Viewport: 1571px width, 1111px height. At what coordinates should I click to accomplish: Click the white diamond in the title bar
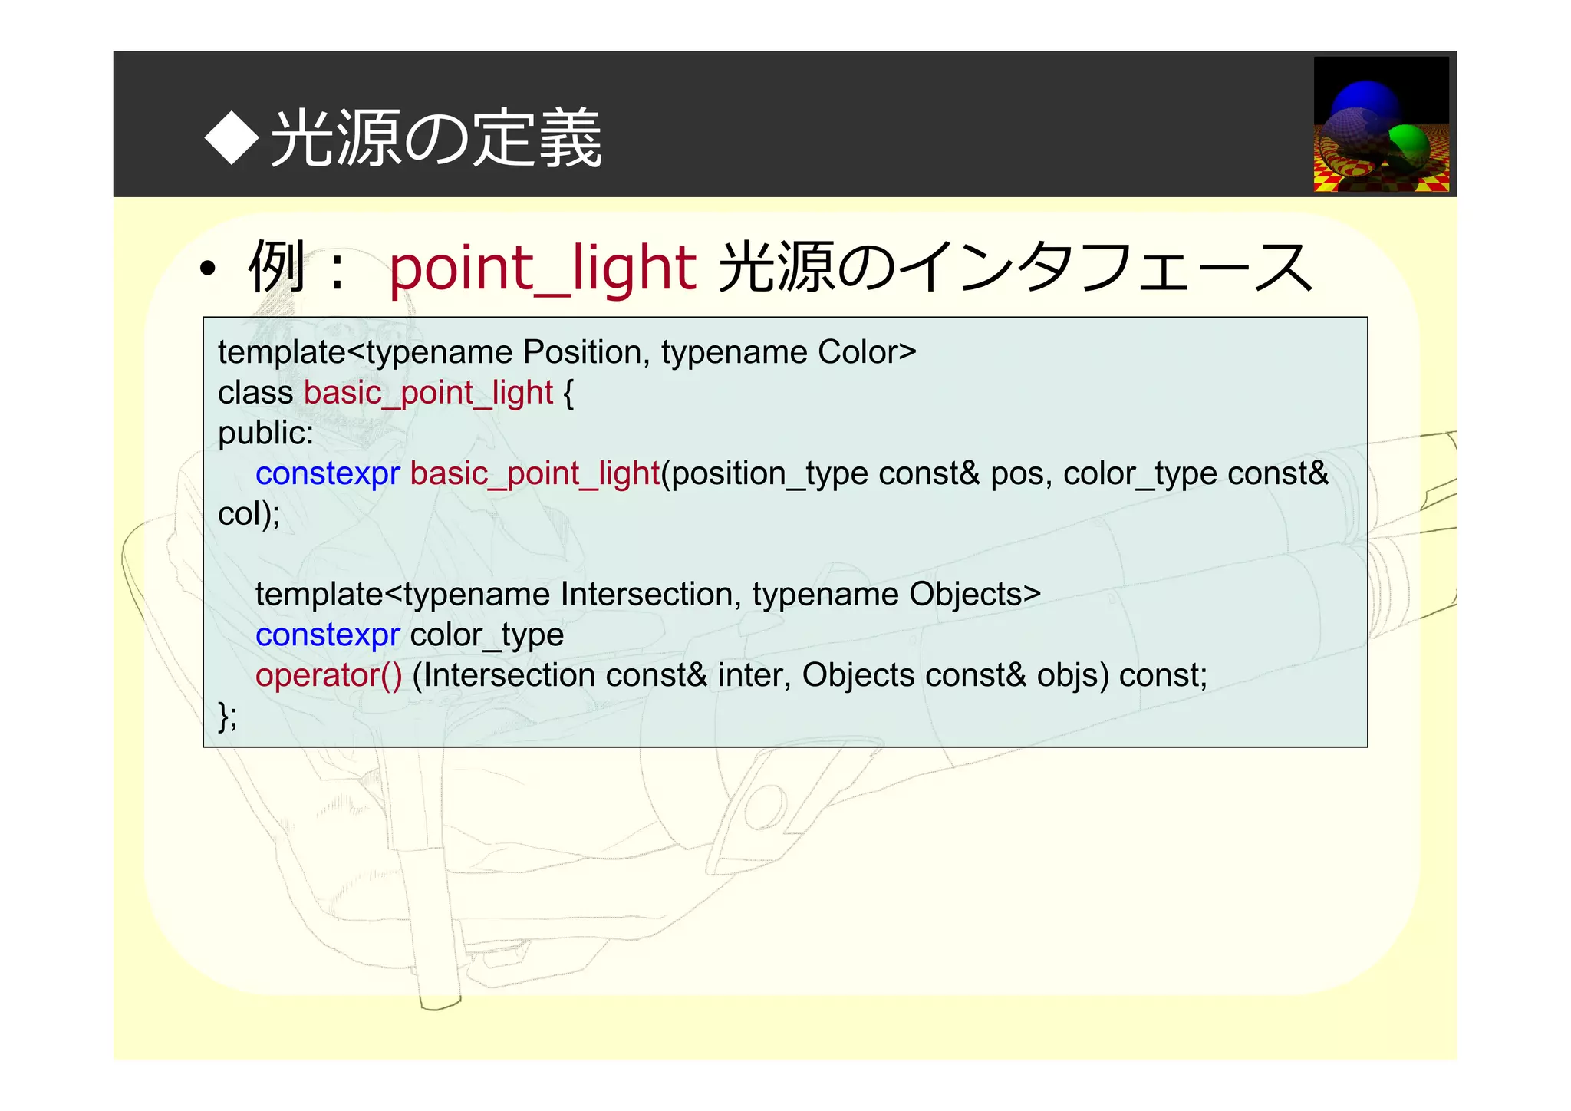(232, 138)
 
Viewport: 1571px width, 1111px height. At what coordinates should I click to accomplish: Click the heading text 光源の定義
(436, 139)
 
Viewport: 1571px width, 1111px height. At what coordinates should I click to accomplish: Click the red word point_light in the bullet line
(542, 269)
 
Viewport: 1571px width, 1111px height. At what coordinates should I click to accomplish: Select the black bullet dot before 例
(207, 270)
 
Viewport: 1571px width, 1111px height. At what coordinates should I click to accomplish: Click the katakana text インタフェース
(1105, 268)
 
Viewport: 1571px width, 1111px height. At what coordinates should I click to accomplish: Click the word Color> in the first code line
(867, 352)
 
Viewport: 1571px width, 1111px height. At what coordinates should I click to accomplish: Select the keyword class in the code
(255, 393)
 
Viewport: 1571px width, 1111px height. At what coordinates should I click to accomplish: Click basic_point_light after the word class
(428, 394)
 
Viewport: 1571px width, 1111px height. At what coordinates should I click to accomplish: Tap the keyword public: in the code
(265, 434)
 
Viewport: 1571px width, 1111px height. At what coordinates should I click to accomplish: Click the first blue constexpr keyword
(328, 473)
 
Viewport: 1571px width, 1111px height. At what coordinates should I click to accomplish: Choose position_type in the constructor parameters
(769, 474)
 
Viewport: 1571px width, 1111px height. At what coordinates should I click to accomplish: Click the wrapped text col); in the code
(249, 514)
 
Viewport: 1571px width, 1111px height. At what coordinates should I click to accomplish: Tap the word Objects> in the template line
(974, 595)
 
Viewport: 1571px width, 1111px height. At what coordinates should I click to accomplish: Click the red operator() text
(328, 676)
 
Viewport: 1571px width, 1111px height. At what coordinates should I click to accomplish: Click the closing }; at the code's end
(228, 716)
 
